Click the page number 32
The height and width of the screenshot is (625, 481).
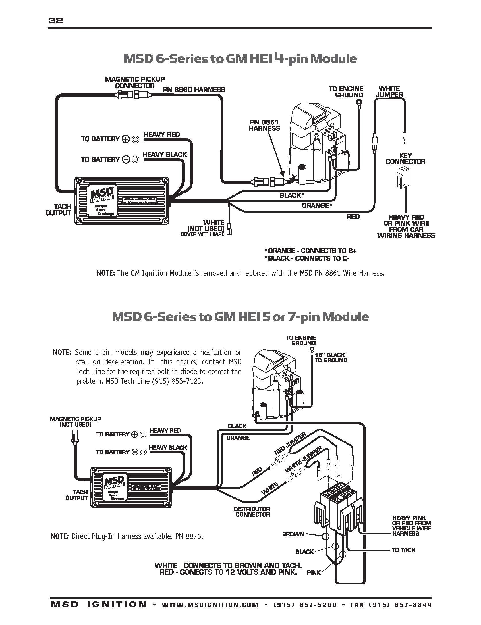(56, 20)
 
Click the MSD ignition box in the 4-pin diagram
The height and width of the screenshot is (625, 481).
(122, 200)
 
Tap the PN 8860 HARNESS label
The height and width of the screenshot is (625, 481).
(194, 90)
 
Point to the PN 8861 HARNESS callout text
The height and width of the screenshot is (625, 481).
(264, 125)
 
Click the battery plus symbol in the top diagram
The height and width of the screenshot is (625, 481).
(126, 139)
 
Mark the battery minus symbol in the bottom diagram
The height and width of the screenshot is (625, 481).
(135, 452)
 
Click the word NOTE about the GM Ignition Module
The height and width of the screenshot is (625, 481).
(105, 273)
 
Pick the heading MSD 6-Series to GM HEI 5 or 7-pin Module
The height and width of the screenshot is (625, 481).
(240, 317)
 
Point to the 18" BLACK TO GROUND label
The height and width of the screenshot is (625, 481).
(331, 357)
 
